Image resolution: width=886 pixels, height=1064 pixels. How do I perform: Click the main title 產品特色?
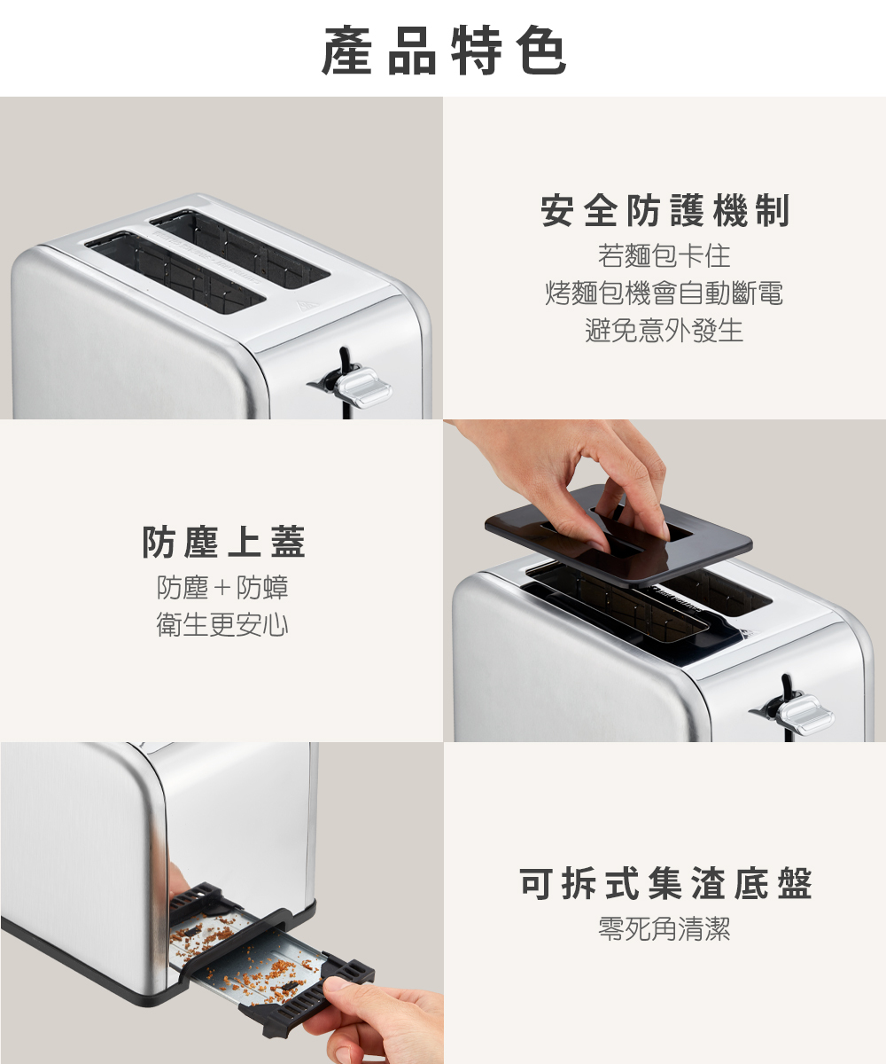pos(444,50)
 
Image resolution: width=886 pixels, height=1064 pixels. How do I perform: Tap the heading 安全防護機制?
pos(664,210)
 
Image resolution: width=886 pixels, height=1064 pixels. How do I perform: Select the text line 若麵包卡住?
pos(664,256)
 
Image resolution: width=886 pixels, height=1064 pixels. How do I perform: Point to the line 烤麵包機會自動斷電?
pos(664,293)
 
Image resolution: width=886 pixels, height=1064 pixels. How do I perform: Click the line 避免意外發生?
pos(664,331)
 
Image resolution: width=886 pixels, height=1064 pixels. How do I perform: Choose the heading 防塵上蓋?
pos(223,542)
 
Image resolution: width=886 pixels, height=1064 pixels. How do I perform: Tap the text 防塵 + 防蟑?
pos(222,587)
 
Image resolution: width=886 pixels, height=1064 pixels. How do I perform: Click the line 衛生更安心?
pos(222,625)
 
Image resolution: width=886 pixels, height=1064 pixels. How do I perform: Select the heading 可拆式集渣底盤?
pos(665,883)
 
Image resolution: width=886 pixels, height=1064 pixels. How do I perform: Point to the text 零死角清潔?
pos(664,928)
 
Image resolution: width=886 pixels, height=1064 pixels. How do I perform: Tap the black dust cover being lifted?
pos(618,535)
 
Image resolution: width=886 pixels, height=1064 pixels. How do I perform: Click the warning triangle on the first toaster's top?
pos(307,306)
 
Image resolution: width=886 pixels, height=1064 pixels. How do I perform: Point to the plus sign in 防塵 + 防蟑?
pos(222,588)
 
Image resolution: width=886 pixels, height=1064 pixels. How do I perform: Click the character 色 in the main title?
pos(540,50)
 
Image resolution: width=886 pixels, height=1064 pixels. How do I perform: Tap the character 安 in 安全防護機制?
pos(557,210)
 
